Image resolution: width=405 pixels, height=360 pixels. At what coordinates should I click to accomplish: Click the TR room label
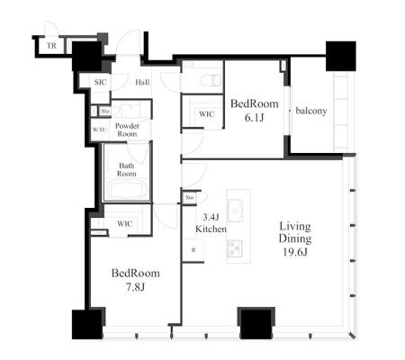coord(51,46)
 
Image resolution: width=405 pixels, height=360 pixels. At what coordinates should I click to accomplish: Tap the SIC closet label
coord(100,82)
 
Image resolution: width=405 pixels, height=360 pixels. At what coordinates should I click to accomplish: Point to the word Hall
coord(142,82)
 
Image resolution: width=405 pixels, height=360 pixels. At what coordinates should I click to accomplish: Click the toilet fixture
coord(211,80)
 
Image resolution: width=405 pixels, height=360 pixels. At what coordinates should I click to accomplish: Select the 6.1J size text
coord(254,118)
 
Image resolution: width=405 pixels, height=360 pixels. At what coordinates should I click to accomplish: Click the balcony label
coord(311,111)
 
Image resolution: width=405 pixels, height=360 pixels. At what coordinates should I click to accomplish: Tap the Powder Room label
coord(127,130)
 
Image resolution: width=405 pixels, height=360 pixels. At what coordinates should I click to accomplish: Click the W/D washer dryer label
coord(99,130)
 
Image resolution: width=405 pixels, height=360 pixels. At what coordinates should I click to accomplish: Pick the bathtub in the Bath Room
coord(126,189)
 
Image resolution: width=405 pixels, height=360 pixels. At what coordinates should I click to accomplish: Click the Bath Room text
coord(127,169)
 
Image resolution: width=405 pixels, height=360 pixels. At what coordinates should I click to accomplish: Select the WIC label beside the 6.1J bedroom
coord(207,114)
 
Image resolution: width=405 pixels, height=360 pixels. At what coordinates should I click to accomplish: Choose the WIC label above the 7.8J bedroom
coord(125,224)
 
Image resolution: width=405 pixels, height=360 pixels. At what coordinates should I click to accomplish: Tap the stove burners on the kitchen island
coord(235,248)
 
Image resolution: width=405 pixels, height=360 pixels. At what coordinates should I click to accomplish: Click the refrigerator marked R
coord(193,250)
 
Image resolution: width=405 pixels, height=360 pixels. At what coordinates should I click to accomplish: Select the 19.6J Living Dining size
coord(295,252)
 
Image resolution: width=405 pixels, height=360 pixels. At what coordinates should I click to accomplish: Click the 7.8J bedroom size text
coord(136,287)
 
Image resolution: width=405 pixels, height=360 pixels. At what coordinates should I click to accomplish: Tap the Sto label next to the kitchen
coord(190,197)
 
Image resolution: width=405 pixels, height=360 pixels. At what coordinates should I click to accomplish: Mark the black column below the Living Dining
coord(256,323)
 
